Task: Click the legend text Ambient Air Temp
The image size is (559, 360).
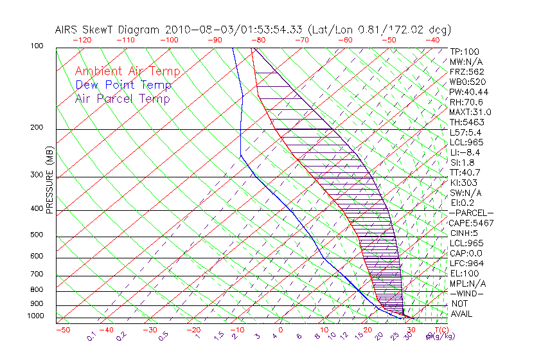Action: coord(127,71)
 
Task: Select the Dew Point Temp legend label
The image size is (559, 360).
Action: coord(123,85)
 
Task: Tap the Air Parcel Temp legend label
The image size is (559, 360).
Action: coord(122,98)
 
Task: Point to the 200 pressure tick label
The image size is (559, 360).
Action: coord(37,128)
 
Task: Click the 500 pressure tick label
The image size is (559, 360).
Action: coord(37,235)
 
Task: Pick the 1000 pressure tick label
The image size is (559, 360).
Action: coord(35,316)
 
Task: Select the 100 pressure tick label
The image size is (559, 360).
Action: coord(37,46)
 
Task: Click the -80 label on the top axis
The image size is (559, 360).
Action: coord(258,40)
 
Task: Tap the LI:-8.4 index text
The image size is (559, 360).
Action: coord(465,152)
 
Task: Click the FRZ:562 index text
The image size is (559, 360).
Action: coord(467,71)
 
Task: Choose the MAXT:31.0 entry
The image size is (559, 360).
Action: coord(469,112)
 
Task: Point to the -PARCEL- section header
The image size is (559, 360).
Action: coord(471,213)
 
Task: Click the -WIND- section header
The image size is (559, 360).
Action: coord(467,293)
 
